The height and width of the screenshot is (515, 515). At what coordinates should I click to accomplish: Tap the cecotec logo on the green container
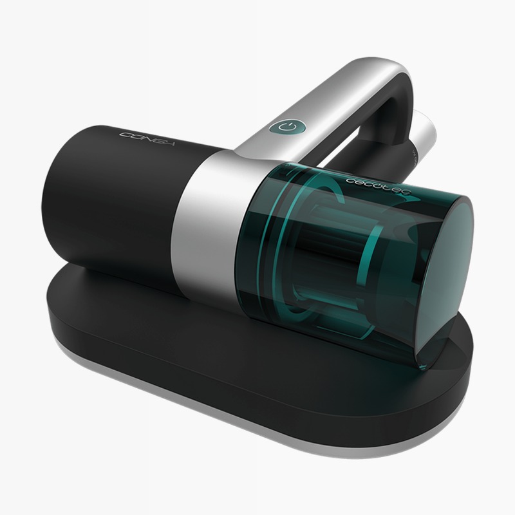pos(378,187)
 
